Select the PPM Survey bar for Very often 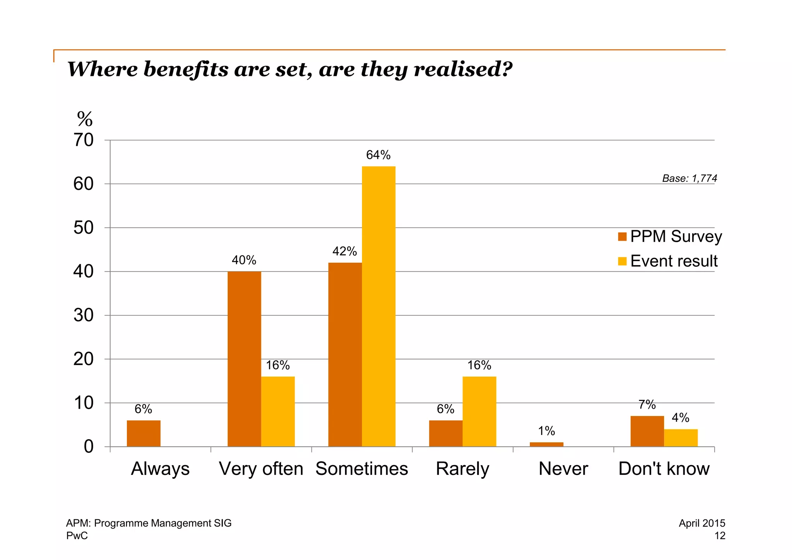tap(244, 359)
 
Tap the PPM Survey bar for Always tap(143, 433)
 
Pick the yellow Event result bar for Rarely tap(479, 411)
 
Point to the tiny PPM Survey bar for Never tap(546, 445)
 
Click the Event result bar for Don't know tap(681, 438)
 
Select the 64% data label tap(378, 155)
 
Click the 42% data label tap(345, 252)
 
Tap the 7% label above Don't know tap(647, 405)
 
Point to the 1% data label tap(546, 431)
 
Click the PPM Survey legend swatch tap(622, 236)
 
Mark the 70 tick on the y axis tap(84, 140)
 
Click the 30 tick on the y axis tap(84, 315)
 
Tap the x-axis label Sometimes tap(362, 469)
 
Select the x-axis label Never tap(563, 469)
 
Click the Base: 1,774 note tap(690, 178)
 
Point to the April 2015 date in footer tap(702, 523)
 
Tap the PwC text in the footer tap(77, 536)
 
